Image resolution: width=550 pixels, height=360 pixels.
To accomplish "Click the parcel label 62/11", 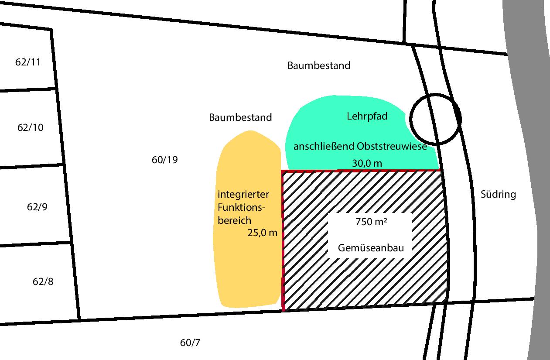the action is [28, 62].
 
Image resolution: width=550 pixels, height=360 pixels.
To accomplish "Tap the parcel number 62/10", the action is [31, 127].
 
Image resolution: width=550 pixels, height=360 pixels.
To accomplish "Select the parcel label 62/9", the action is [37, 207].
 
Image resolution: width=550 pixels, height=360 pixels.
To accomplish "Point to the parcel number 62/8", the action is [43, 281].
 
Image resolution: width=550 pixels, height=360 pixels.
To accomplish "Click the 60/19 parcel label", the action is [165, 160].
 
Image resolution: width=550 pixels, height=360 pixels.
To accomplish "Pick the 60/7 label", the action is [190, 343].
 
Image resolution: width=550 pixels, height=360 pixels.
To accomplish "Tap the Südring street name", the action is [498, 194].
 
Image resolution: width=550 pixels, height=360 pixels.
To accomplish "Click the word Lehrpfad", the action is [367, 117].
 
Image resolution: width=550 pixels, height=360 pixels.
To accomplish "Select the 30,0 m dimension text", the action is [367, 163].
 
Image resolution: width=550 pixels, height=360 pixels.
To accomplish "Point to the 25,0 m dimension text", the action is [262, 233].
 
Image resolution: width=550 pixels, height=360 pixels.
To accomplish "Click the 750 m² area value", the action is [371, 222].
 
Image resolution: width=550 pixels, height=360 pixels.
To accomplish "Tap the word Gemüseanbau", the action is [371, 248].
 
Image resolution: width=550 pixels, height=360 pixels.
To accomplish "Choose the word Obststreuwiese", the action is [392, 146].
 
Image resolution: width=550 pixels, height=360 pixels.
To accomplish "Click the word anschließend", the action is [324, 147].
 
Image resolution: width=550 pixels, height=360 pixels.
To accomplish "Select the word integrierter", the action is [243, 195].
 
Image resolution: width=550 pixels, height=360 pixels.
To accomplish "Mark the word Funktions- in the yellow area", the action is [241, 208].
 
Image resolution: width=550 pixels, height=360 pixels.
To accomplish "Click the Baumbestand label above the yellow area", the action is [240, 117].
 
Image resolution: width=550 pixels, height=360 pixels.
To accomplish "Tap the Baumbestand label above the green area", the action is [319, 65].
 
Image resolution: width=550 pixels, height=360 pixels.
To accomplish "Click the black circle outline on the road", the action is [410, 119].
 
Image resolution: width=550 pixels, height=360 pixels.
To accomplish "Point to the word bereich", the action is [235, 220].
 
